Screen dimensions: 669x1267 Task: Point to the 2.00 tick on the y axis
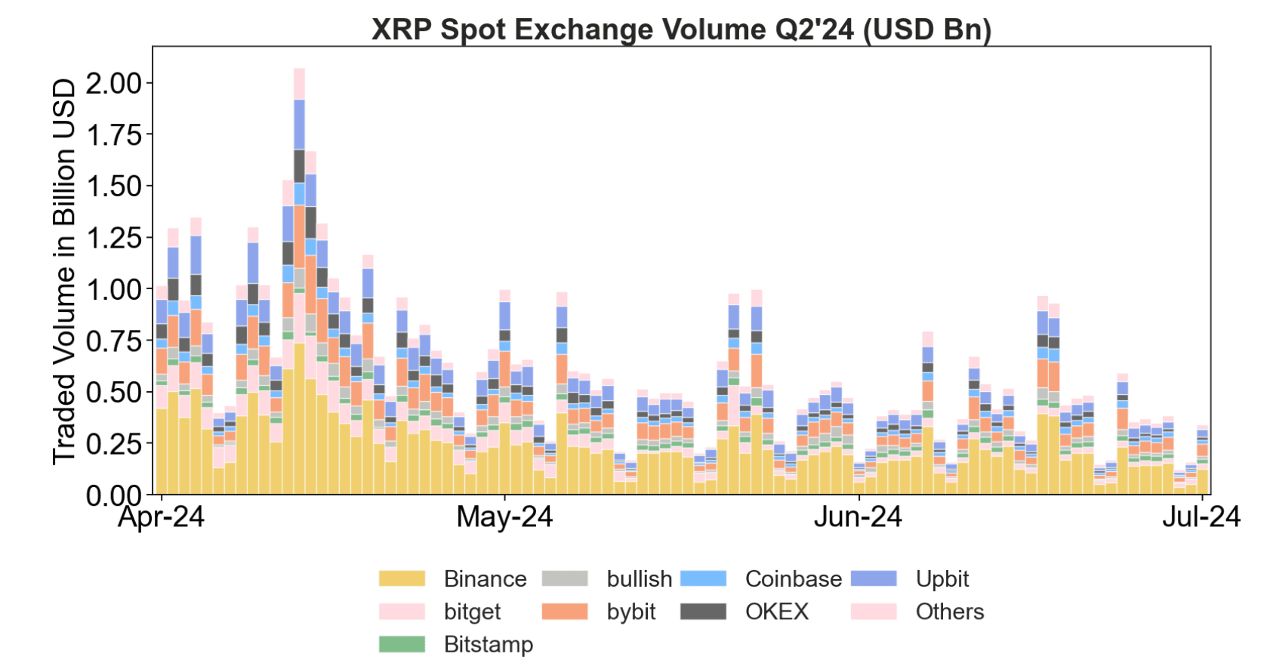(114, 83)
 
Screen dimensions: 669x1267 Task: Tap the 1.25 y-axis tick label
(114, 238)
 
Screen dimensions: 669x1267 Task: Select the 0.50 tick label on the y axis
(114, 393)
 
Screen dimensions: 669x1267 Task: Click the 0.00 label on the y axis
(114, 496)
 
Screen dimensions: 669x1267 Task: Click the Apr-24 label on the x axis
(161, 517)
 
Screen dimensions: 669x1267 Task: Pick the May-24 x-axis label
(504, 517)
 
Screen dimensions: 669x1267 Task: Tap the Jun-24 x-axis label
(858, 517)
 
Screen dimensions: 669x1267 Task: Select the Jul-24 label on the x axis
(1201, 517)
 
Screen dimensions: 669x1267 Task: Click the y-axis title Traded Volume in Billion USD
(65, 272)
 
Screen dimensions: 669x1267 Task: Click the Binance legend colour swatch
(402, 579)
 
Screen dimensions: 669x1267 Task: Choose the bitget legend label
(472, 612)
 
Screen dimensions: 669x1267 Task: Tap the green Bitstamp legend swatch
(402, 644)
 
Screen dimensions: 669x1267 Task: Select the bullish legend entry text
(639, 579)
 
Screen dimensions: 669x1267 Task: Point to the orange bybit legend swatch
(565, 612)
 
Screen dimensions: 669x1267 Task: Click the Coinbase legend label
(793, 579)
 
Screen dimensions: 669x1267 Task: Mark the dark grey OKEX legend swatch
(703, 612)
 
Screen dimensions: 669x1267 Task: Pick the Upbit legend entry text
(942, 579)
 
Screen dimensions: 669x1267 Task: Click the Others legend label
(949, 612)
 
